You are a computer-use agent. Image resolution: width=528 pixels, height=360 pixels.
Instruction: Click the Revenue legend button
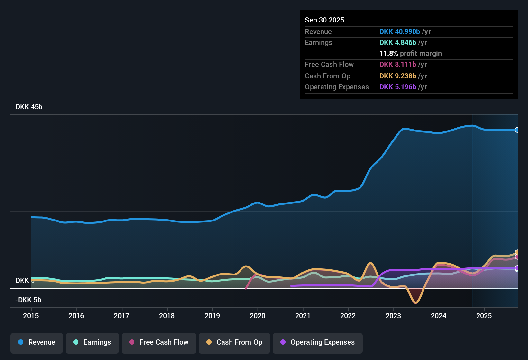pos(37,342)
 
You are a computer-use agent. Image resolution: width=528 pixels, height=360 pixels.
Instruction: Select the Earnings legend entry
pos(92,342)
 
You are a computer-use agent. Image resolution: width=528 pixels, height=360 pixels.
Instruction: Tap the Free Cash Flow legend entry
pos(159,342)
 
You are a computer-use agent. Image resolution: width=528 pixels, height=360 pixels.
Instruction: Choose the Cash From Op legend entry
pos(234,342)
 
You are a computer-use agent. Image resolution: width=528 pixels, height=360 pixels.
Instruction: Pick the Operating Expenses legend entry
pos(318,342)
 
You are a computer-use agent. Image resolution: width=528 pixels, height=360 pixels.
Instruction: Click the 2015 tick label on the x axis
pos(31,316)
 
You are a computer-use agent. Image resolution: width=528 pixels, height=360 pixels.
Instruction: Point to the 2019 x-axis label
pos(212,316)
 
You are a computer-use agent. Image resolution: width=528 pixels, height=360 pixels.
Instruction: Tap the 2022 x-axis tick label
pos(348,316)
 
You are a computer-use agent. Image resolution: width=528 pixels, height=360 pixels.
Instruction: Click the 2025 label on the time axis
pos(484,316)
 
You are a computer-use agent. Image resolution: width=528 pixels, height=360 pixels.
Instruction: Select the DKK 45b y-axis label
pos(29,107)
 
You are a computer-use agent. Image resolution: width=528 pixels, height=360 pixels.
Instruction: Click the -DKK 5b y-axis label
pos(28,300)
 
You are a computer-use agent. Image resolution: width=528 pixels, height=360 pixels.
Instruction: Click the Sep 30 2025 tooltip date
pos(324,20)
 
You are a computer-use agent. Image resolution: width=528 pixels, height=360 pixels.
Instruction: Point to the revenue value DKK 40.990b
pos(400,32)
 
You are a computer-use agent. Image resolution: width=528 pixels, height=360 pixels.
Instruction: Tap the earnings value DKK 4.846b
pos(398,43)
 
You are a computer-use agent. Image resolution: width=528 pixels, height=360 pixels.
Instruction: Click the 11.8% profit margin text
pos(411,54)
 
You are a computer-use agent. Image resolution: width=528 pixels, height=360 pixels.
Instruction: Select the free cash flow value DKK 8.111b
pos(398,65)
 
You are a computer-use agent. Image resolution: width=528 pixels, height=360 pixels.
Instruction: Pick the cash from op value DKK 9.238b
pos(398,76)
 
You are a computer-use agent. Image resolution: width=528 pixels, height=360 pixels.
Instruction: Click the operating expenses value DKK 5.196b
pos(398,87)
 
